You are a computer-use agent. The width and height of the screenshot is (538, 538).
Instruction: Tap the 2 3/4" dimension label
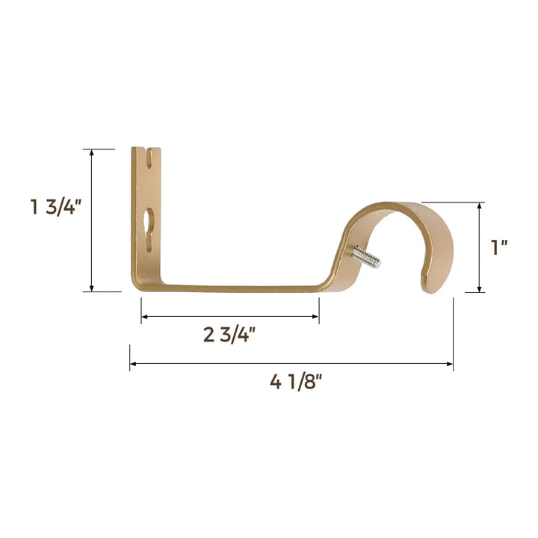point(229,334)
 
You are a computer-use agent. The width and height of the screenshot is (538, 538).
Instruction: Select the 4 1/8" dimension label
point(296,382)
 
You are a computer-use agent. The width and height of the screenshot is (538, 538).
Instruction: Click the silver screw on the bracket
point(367,258)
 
